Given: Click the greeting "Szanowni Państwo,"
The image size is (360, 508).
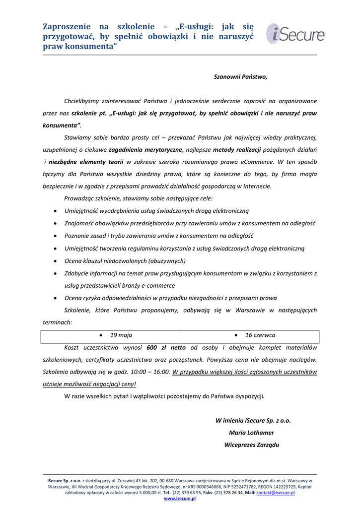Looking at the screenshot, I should (x=240, y=77).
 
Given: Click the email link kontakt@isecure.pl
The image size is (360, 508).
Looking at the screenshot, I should (x=275, y=493).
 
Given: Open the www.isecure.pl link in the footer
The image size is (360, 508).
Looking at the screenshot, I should (x=180, y=499).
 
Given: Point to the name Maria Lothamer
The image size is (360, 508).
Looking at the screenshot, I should (x=251, y=433).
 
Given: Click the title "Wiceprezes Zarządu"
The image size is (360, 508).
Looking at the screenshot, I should (x=251, y=444).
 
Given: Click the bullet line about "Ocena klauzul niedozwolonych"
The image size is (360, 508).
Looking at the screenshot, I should (x=125, y=260).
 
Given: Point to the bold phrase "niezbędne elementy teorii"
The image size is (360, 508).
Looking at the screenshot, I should (x=86, y=162).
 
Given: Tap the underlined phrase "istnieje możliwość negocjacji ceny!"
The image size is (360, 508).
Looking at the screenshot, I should (x=89, y=383).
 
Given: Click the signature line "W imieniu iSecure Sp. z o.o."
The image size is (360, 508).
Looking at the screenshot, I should (x=253, y=421).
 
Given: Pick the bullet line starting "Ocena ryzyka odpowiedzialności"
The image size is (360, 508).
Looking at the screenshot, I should (x=171, y=298).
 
